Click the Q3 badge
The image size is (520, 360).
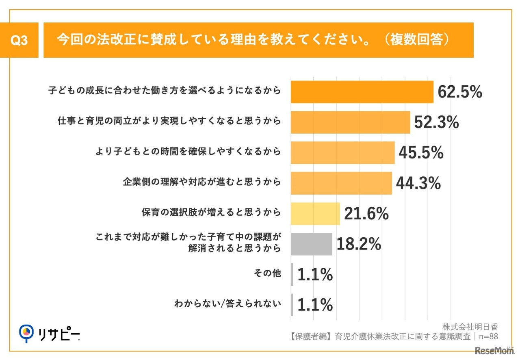[19, 40]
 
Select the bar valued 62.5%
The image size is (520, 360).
[362, 92]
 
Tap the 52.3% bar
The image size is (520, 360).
[350, 122]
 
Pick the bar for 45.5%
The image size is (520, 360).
[342, 153]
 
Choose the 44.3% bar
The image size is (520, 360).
[341, 183]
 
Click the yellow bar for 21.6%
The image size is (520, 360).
[315, 214]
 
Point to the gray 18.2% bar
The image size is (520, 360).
[312, 244]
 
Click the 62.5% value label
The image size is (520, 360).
[459, 92]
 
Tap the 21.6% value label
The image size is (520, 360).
[366, 214]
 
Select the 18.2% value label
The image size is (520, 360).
[359, 244]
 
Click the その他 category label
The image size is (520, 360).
[267, 273]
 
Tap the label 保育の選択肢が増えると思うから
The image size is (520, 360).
[211, 212]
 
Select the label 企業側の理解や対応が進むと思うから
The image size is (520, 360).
[201, 182]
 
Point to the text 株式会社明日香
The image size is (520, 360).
[470, 327]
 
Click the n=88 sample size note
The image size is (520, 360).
[488, 336]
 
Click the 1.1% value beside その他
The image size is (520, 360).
[315, 275]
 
